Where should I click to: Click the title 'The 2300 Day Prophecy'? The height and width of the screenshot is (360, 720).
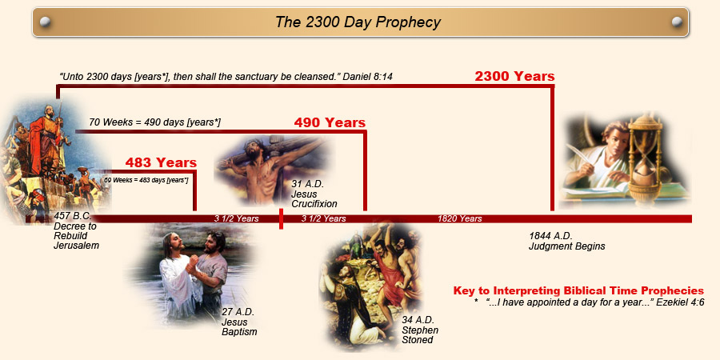(358, 22)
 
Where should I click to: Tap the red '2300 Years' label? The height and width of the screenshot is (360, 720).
(514, 77)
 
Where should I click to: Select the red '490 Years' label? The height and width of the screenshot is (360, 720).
(330, 123)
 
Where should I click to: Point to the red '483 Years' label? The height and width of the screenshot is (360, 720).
(161, 163)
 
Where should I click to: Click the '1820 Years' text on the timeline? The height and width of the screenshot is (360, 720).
(459, 218)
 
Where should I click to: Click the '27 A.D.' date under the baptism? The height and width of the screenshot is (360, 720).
(238, 312)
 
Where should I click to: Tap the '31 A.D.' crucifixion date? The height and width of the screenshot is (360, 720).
(308, 185)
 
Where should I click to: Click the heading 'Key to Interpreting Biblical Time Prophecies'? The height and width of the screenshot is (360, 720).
(578, 290)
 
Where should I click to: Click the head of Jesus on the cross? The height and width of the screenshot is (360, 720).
(258, 143)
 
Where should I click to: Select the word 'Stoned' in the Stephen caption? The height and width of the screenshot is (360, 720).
(418, 340)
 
